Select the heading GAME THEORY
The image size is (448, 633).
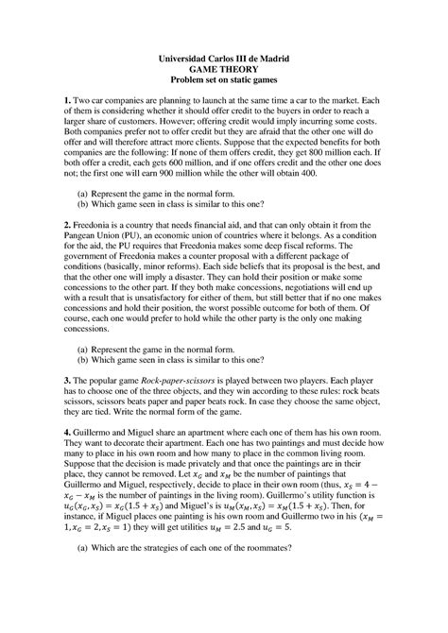point(223,71)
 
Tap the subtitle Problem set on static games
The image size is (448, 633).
point(223,83)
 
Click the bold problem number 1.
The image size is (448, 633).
point(66,101)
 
